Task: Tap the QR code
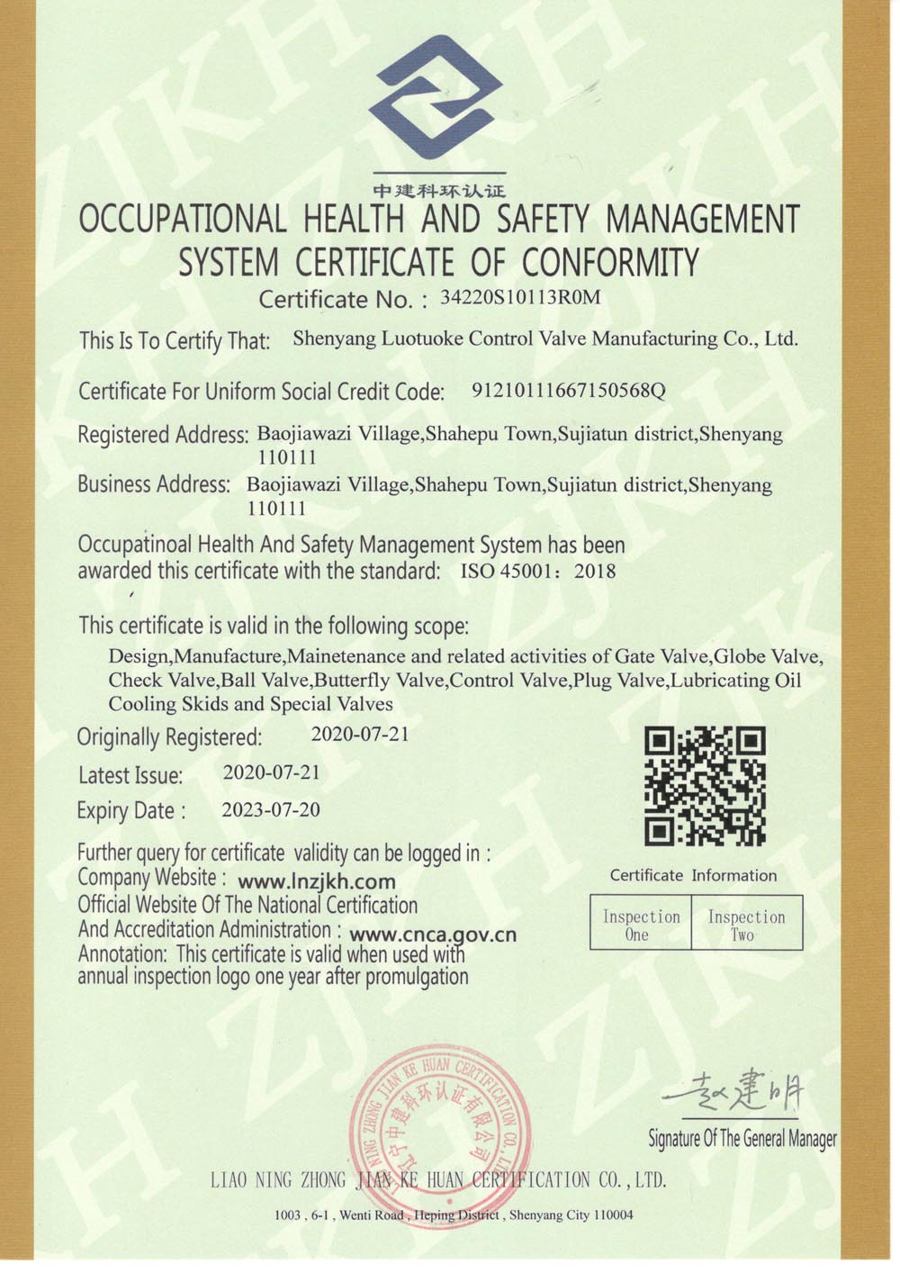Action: pyautogui.click(x=705, y=785)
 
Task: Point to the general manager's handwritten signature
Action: pyautogui.click(x=734, y=1093)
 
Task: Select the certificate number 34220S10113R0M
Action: pyautogui.click(x=519, y=298)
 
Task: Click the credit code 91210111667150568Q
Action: pyautogui.click(x=568, y=391)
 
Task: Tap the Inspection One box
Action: pyautogui.click(x=641, y=925)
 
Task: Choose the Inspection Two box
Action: pyautogui.click(x=746, y=925)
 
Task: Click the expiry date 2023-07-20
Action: pyautogui.click(x=271, y=809)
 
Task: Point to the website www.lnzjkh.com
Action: pyautogui.click(x=317, y=881)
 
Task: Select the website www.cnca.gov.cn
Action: pyautogui.click(x=432, y=934)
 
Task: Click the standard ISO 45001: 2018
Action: pyautogui.click(x=538, y=571)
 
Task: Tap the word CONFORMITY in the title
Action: pyautogui.click(x=610, y=263)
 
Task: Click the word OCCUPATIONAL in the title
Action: pyautogui.click(x=183, y=219)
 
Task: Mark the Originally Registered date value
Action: pyautogui.click(x=360, y=734)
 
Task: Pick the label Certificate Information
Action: pyautogui.click(x=693, y=875)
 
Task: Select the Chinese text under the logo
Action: pyautogui.click(x=439, y=191)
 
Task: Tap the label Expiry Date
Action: pyautogui.click(x=131, y=810)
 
